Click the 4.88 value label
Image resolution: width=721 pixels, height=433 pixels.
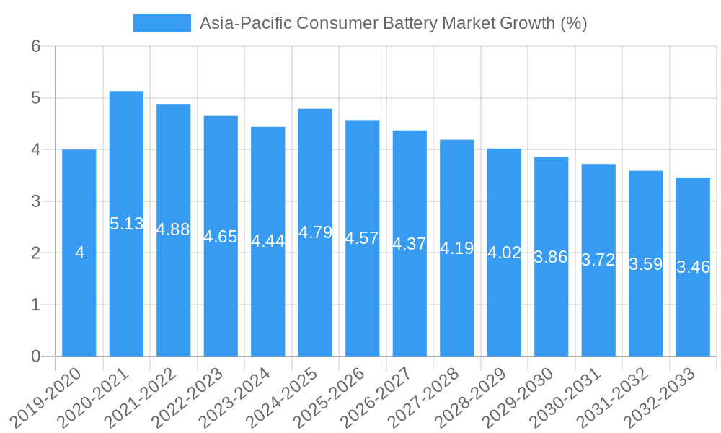(173, 229)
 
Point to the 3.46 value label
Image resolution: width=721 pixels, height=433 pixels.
(693, 267)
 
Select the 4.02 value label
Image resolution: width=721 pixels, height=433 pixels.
(504, 253)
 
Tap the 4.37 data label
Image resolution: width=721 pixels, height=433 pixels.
(410, 244)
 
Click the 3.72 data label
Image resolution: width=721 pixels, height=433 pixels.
(598, 261)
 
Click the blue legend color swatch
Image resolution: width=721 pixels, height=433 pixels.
(162, 23)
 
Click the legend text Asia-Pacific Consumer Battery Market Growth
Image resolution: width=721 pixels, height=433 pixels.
(393, 23)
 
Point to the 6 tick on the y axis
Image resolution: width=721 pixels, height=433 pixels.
(35, 46)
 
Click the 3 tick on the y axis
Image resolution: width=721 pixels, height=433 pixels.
(35, 201)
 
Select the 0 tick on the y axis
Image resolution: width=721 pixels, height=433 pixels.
(35, 357)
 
